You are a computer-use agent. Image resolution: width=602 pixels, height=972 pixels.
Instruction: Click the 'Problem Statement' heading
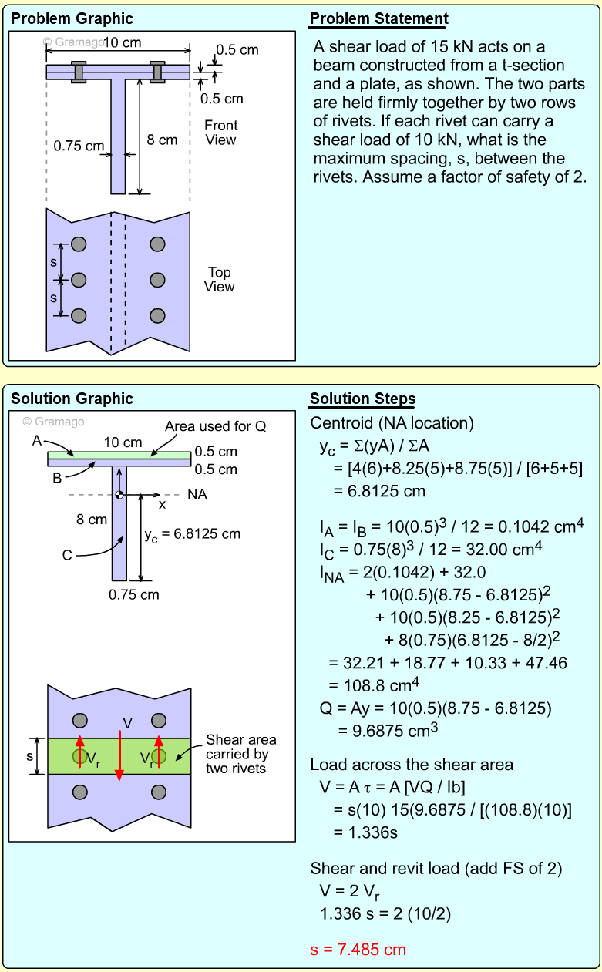pos(378,19)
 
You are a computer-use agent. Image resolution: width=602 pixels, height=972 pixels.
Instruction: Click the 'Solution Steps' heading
pos(362,399)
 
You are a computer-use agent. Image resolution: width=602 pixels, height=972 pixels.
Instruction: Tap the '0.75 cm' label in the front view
pos(79,145)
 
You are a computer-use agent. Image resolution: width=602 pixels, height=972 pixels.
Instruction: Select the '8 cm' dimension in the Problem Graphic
pos(162,140)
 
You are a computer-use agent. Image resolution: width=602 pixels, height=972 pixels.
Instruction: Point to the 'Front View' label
pos(220,133)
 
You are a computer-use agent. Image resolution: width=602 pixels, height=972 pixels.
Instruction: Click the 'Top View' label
pos(219,279)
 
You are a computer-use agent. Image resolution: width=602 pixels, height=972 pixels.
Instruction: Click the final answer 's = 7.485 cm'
pos(358,949)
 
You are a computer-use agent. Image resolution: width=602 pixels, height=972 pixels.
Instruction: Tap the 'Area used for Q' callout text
pos(216,426)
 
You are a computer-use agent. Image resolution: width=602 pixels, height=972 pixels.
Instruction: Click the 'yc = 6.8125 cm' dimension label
pos(192,533)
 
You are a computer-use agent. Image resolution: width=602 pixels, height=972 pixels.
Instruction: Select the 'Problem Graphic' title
pos(72,19)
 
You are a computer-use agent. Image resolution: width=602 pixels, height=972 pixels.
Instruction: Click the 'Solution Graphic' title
pos(72,399)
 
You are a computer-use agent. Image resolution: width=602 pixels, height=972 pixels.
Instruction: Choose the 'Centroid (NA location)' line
pos(392,423)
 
